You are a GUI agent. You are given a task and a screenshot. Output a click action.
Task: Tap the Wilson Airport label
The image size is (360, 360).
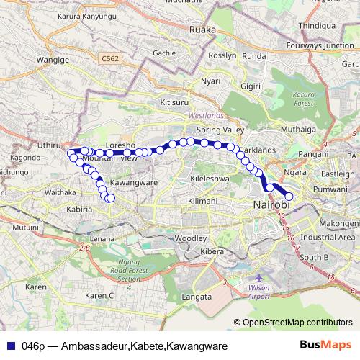click(258, 291)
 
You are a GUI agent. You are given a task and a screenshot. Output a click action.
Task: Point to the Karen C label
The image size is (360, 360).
click(100, 295)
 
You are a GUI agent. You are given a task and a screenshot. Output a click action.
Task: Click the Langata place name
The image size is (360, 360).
click(197, 296)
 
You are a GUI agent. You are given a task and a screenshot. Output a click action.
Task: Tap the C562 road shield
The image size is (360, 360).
click(110, 58)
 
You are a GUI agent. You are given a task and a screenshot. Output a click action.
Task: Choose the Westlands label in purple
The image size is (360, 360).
click(207, 115)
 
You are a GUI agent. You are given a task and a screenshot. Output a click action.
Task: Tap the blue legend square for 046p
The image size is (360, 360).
click(12, 346)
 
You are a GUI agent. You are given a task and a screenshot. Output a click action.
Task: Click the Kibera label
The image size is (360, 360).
click(212, 251)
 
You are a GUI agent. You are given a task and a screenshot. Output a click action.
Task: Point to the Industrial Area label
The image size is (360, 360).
click(328, 236)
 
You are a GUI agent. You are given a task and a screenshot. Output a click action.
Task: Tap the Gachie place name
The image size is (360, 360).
click(164, 53)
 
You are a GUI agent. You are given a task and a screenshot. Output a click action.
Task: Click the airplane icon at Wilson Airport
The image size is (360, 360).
click(258, 276)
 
